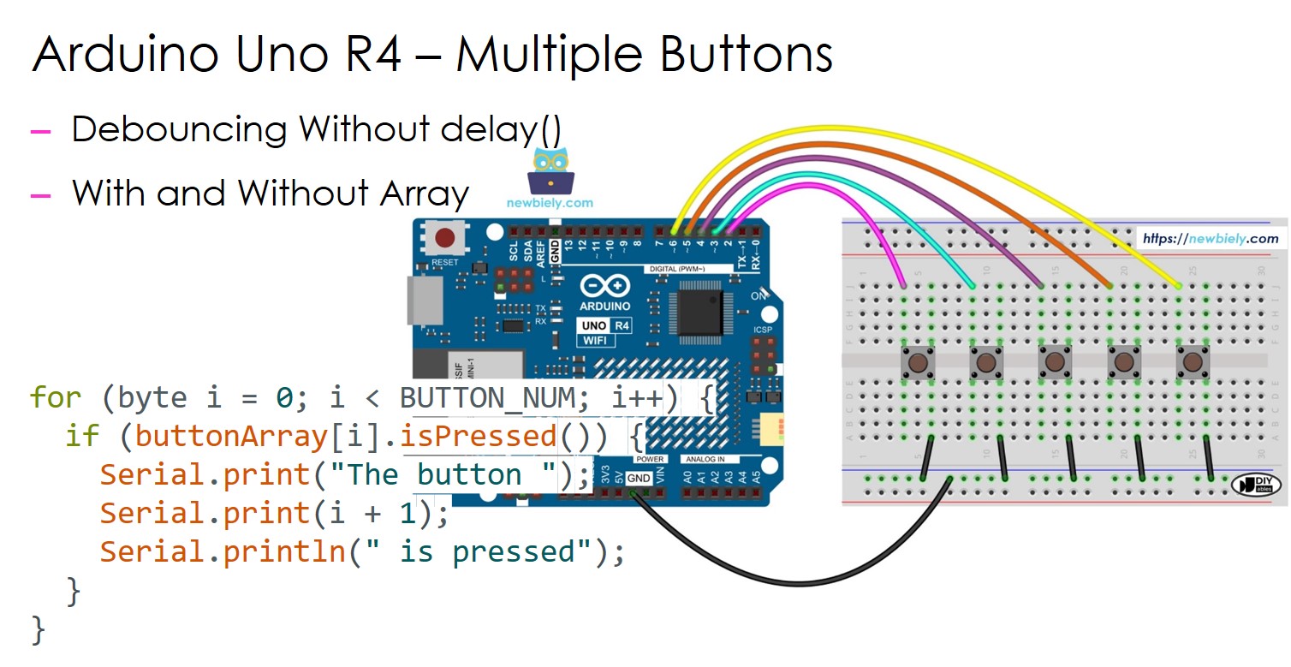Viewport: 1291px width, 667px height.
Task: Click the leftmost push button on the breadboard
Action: (x=917, y=363)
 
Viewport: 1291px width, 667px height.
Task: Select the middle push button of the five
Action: (x=1055, y=363)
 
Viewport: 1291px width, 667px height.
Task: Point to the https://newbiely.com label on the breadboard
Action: (x=1210, y=239)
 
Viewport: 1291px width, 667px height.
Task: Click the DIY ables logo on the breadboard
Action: (x=1255, y=485)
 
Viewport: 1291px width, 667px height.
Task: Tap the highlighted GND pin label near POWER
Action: (x=639, y=479)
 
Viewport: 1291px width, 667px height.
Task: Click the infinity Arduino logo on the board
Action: (x=605, y=286)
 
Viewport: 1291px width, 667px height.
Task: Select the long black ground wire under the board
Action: (x=796, y=582)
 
